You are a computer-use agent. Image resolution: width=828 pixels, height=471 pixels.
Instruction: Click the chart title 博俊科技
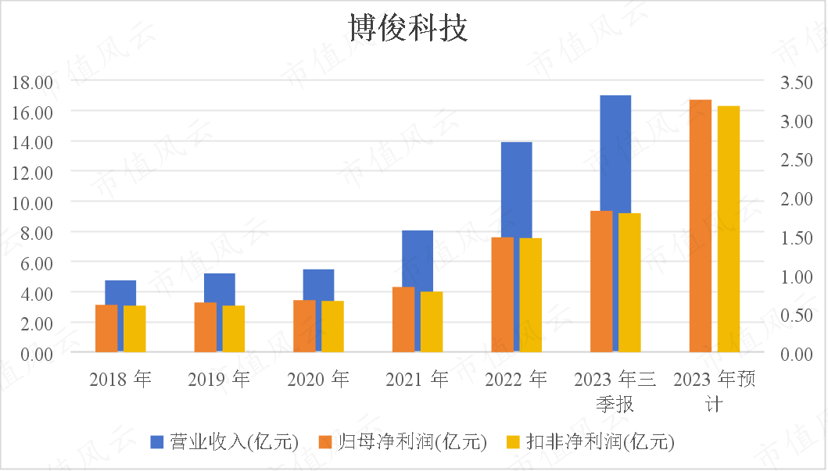pos(408,27)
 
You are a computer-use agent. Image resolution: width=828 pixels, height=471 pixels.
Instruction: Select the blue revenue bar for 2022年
pos(517,190)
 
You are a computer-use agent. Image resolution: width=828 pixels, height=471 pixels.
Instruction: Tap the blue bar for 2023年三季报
pos(615,153)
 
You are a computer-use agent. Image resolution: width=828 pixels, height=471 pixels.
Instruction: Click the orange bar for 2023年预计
pos(701,226)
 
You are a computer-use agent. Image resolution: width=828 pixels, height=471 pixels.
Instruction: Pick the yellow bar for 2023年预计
pos(728,229)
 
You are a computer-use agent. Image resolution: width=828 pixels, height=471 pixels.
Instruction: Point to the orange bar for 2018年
pos(106,328)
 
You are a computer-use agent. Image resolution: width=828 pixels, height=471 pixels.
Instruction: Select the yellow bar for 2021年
pos(432,322)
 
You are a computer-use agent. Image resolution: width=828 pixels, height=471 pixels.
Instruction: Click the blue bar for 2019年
pos(220,288)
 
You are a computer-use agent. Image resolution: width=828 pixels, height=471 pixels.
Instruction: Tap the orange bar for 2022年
pos(502,294)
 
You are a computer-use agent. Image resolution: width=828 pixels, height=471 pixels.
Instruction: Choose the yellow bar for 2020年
pos(332,326)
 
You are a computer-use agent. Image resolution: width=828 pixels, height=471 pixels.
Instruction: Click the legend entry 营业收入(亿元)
pos(224,441)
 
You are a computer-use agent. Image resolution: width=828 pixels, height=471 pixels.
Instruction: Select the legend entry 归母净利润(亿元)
pos(403,441)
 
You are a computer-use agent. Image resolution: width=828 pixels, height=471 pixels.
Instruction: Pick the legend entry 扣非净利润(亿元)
pos(590,441)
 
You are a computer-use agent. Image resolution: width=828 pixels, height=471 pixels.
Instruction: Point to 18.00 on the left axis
pos(32,82)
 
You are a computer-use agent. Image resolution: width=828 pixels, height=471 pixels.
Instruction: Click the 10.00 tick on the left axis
pos(32,203)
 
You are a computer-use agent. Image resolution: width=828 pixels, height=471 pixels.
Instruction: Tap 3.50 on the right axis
pos(796,82)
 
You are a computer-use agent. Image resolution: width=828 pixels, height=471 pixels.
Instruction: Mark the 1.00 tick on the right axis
pos(796,277)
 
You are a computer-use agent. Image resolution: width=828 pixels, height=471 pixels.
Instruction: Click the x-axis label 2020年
pos(318,379)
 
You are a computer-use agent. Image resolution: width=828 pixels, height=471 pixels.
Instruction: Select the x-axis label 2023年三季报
pos(615,391)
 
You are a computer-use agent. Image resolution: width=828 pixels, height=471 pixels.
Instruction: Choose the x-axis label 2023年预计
pos(715,391)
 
